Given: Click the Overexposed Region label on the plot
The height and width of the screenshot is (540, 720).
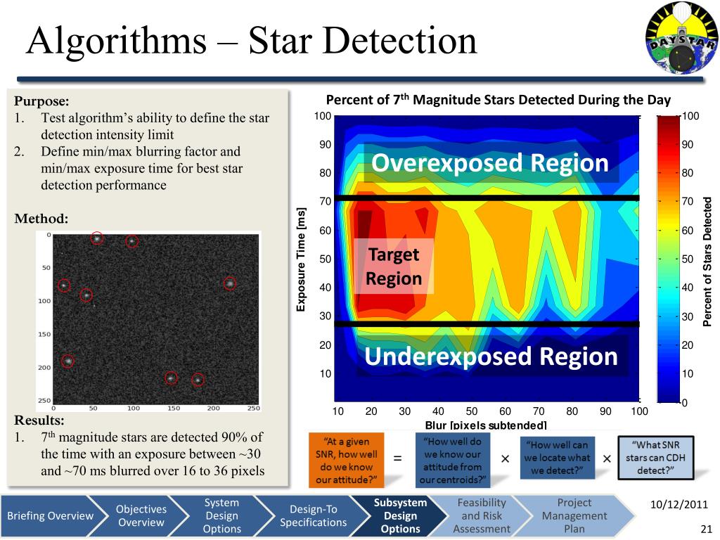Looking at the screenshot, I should [x=490, y=163].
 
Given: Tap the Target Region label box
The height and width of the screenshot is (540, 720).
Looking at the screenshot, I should [x=394, y=266].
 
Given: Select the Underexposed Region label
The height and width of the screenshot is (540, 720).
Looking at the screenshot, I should [x=491, y=356].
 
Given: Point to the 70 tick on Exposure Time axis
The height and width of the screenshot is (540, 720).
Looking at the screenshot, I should [x=325, y=202].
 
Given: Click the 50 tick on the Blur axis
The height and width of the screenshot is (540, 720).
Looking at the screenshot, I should [x=472, y=411].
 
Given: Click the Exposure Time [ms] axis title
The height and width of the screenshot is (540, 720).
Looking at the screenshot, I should [x=302, y=259].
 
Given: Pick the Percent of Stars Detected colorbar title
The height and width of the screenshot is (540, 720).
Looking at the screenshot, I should [x=708, y=261].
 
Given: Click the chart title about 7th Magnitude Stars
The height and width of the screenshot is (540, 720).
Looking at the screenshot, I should [x=499, y=99].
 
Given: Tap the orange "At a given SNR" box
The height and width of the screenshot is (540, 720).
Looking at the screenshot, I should [x=345, y=461].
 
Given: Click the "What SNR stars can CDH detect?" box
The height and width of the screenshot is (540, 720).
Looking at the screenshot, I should [x=656, y=457].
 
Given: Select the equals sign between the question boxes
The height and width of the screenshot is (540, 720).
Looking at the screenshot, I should [x=397, y=458].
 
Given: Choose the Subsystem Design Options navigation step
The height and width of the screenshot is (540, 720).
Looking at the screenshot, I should [x=400, y=516].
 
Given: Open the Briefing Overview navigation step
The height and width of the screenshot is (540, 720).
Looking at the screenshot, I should [x=50, y=516].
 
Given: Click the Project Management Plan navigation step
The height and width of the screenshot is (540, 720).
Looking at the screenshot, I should [x=574, y=516].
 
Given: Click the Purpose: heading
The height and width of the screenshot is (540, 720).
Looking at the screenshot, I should [x=41, y=101].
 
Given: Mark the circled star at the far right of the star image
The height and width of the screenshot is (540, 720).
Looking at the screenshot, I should [x=229, y=283].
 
